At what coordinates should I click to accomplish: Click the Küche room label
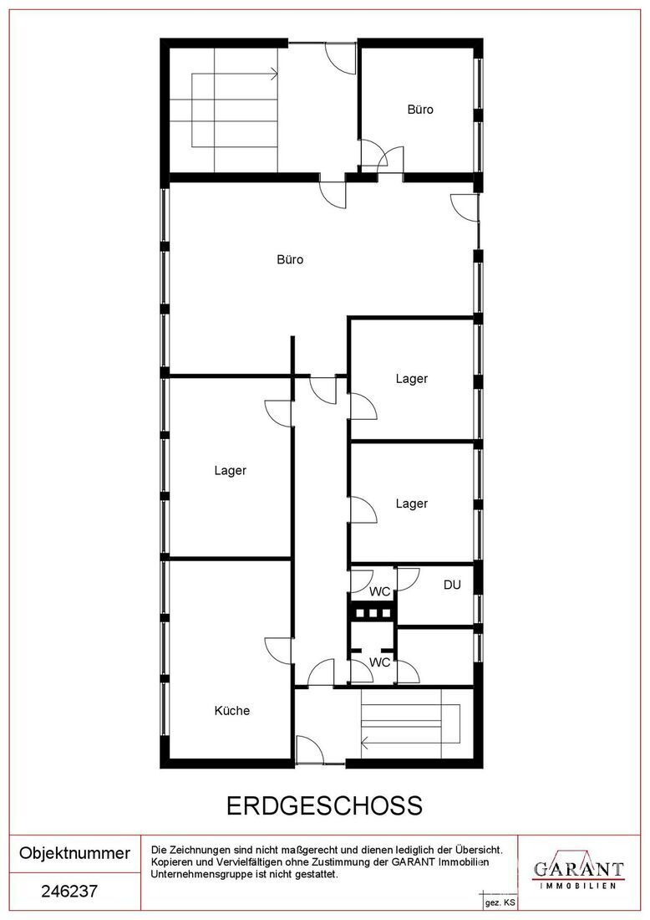(232, 711)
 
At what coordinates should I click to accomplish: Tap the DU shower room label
(452, 585)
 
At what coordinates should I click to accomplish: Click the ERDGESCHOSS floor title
(325, 805)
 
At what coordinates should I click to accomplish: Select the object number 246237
(69, 892)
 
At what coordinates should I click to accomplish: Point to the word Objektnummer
(75, 852)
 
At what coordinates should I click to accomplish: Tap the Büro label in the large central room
(290, 259)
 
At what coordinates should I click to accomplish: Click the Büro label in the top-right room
(420, 109)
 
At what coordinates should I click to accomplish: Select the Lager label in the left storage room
(231, 471)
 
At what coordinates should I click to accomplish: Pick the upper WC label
(380, 591)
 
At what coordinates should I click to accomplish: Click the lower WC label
(380, 662)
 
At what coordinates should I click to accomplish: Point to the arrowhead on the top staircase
(274, 74)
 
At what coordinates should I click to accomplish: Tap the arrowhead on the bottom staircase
(366, 744)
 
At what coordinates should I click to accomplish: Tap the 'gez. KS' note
(500, 902)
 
